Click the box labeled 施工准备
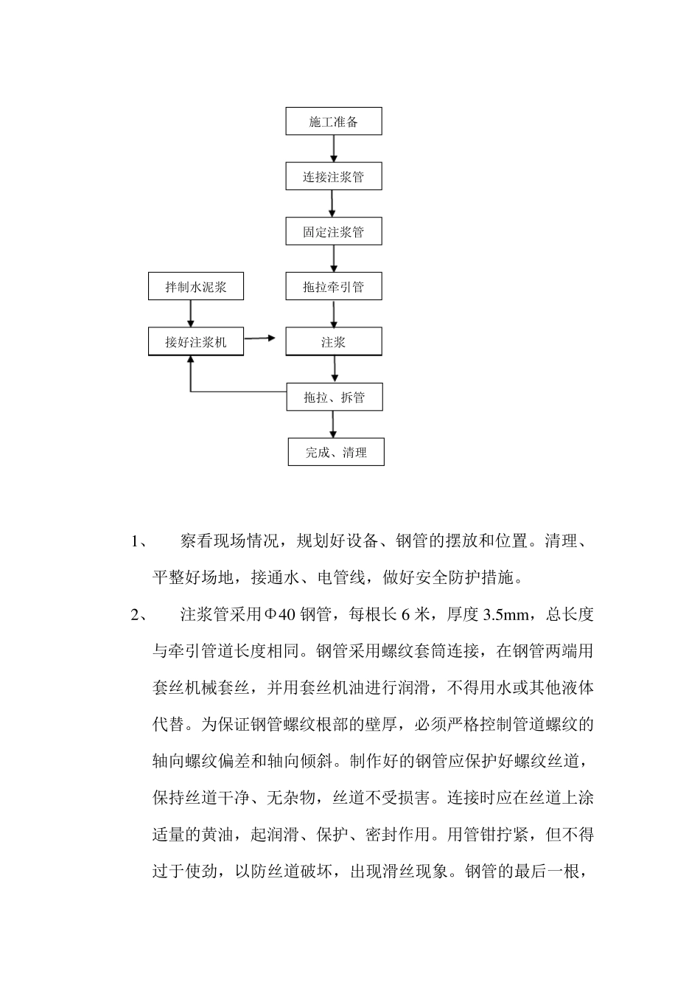point(334,122)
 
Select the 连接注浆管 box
point(334,177)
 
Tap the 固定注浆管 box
point(334,232)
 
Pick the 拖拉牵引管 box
point(334,287)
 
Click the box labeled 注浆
point(334,342)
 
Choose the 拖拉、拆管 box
point(334,397)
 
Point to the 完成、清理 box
point(336,452)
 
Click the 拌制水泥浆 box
point(196,287)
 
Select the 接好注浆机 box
point(196,342)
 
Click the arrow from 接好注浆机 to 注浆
point(259,338)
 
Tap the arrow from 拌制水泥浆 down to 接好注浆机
point(191,313)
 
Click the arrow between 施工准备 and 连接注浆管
point(334,148)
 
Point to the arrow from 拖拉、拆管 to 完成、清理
point(334,424)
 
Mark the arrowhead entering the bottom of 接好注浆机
point(191,361)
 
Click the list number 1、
point(139,542)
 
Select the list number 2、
point(139,614)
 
